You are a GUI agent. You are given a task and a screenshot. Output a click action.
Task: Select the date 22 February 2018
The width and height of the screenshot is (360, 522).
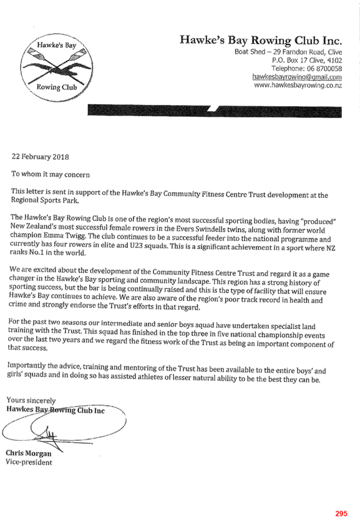click(41, 157)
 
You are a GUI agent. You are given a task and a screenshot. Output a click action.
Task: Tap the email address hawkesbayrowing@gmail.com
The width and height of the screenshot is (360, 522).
click(297, 77)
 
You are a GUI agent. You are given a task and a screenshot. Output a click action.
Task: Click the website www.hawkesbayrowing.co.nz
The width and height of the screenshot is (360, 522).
click(298, 85)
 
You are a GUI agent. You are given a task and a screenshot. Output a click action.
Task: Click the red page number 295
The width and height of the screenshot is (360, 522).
click(341, 514)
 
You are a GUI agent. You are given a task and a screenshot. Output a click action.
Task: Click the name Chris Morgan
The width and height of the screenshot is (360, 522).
click(29, 453)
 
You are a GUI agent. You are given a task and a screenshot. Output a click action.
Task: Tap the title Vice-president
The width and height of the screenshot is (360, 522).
click(29, 462)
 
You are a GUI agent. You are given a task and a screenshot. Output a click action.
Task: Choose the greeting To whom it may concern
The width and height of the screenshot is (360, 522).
click(51, 174)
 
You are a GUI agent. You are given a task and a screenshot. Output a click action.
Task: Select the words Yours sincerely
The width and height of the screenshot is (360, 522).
click(31, 400)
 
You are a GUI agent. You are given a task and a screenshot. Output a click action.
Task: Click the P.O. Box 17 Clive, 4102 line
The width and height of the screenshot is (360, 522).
click(307, 61)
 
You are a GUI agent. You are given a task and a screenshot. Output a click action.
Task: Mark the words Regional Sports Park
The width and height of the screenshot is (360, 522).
click(45, 200)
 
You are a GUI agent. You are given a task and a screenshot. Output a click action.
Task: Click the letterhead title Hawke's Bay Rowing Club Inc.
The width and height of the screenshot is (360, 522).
click(261, 41)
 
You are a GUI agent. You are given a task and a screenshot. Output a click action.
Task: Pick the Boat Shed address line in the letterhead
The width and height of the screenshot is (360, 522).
click(288, 52)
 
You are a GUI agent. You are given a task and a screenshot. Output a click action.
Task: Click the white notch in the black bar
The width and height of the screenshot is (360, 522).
click(213, 109)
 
